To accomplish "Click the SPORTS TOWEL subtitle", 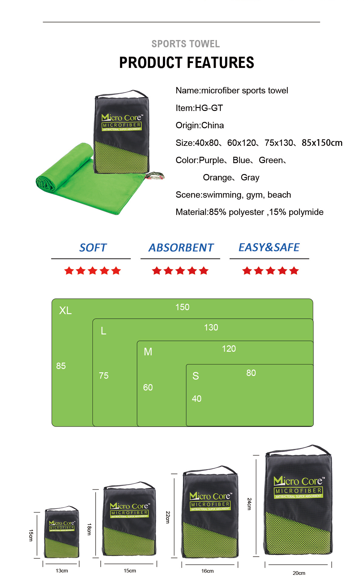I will pyautogui.click(x=186, y=44).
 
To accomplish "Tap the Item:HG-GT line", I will pyautogui.click(x=199, y=108).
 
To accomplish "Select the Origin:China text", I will pyautogui.click(x=200, y=125).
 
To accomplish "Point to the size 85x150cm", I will pyautogui.click(x=322, y=143).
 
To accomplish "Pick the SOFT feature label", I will pyautogui.click(x=93, y=248).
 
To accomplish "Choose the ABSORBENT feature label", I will pyautogui.click(x=181, y=248).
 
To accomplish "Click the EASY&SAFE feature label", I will pyautogui.click(x=269, y=247).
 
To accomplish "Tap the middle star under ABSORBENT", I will pyautogui.click(x=180, y=271).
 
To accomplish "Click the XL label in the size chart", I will pyautogui.click(x=65, y=310).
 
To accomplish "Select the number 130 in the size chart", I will pyautogui.click(x=211, y=327).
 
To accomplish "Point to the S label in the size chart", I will pyautogui.click(x=196, y=376).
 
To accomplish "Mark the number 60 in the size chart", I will pyautogui.click(x=148, y=387).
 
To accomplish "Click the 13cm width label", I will pyautogui.click(x=62, y=571).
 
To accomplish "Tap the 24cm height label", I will pyautogui.click(x=249, y=504).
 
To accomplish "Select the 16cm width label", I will pyautogui.click(x=207, y=571).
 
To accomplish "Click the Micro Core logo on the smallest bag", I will pyautogui.click(x=62, y=523).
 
